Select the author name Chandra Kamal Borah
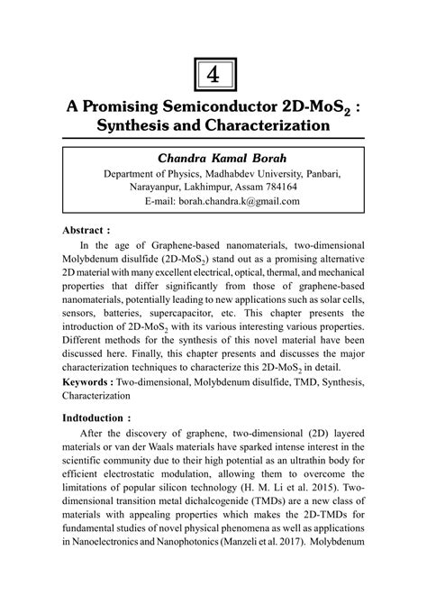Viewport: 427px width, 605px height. point(213,157)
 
